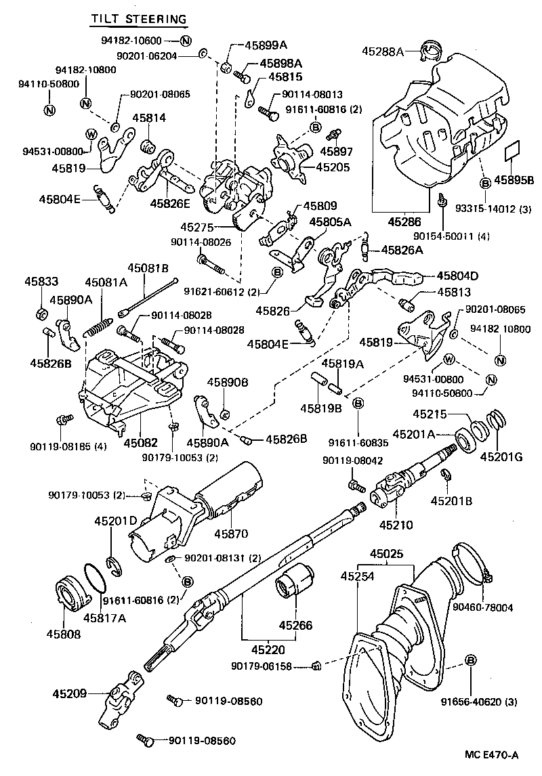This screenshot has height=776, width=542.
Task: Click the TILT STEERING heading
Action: click(x=139, y=18)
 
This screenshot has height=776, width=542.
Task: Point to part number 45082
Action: click(x=140, y=442)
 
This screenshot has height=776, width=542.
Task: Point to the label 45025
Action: click(x=387, y=554)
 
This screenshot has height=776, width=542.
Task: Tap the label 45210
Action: click(x=396, y=523)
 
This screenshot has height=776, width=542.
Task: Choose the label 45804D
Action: click(x=458, y=276)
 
